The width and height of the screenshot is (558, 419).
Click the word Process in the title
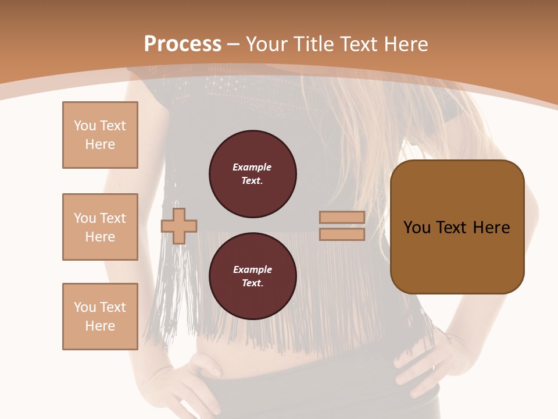[x=183, y=44]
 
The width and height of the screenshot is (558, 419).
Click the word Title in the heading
[x=313, y=44]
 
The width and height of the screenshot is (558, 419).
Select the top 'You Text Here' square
[x=100, y=135]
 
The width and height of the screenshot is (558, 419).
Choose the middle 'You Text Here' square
[x=100, y=227]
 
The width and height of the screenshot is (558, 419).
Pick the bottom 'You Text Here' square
[x=100, y=317]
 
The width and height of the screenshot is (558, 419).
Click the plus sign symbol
[x=179, y=226]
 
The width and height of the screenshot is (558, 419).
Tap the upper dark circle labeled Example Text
[x=253, y=174]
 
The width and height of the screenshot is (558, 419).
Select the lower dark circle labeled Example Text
[x=253, y=276]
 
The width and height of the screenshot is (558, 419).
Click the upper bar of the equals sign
[x=342, y=217]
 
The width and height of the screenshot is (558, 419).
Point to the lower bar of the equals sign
[x=342, y=235]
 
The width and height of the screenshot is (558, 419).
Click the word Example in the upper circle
[x=252, y=168]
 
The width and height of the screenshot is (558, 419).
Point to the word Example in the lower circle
[x=252, y=270]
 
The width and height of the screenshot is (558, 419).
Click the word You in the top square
[x=84, y=126]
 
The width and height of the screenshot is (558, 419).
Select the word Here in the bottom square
[x=100, y=326]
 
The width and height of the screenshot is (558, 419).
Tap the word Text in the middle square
[x=113, y=218]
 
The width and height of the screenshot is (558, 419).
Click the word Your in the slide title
[x=267, y=44]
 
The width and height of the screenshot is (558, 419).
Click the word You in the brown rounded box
[x=417, y=228]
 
